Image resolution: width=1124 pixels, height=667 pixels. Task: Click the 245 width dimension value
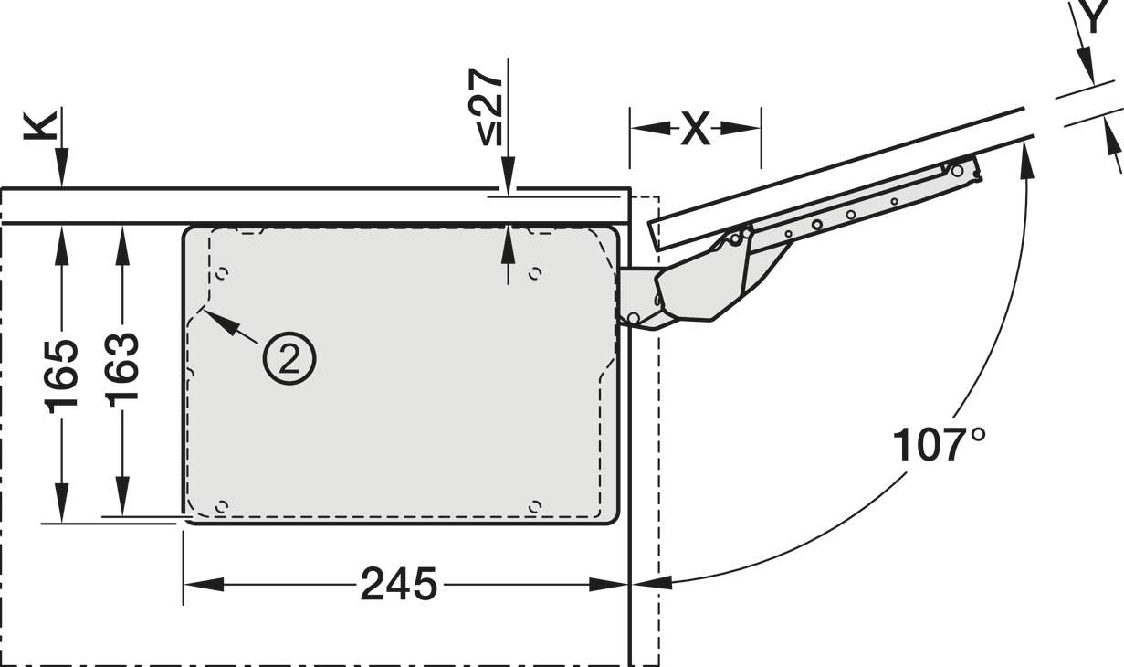click(x=399, y=584)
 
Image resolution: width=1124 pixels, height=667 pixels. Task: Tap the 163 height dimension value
click(x=122, y=370)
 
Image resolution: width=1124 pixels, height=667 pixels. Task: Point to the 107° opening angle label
click(x=939, y=444)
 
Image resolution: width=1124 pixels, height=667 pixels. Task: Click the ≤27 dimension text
click(x=485, y=107)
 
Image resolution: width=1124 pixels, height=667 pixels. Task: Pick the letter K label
click(x=40, y=125)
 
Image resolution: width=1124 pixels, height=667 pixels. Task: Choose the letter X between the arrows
click(x=696, y=129)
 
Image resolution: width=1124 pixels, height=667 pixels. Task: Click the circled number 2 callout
click(x=289, y=358)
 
